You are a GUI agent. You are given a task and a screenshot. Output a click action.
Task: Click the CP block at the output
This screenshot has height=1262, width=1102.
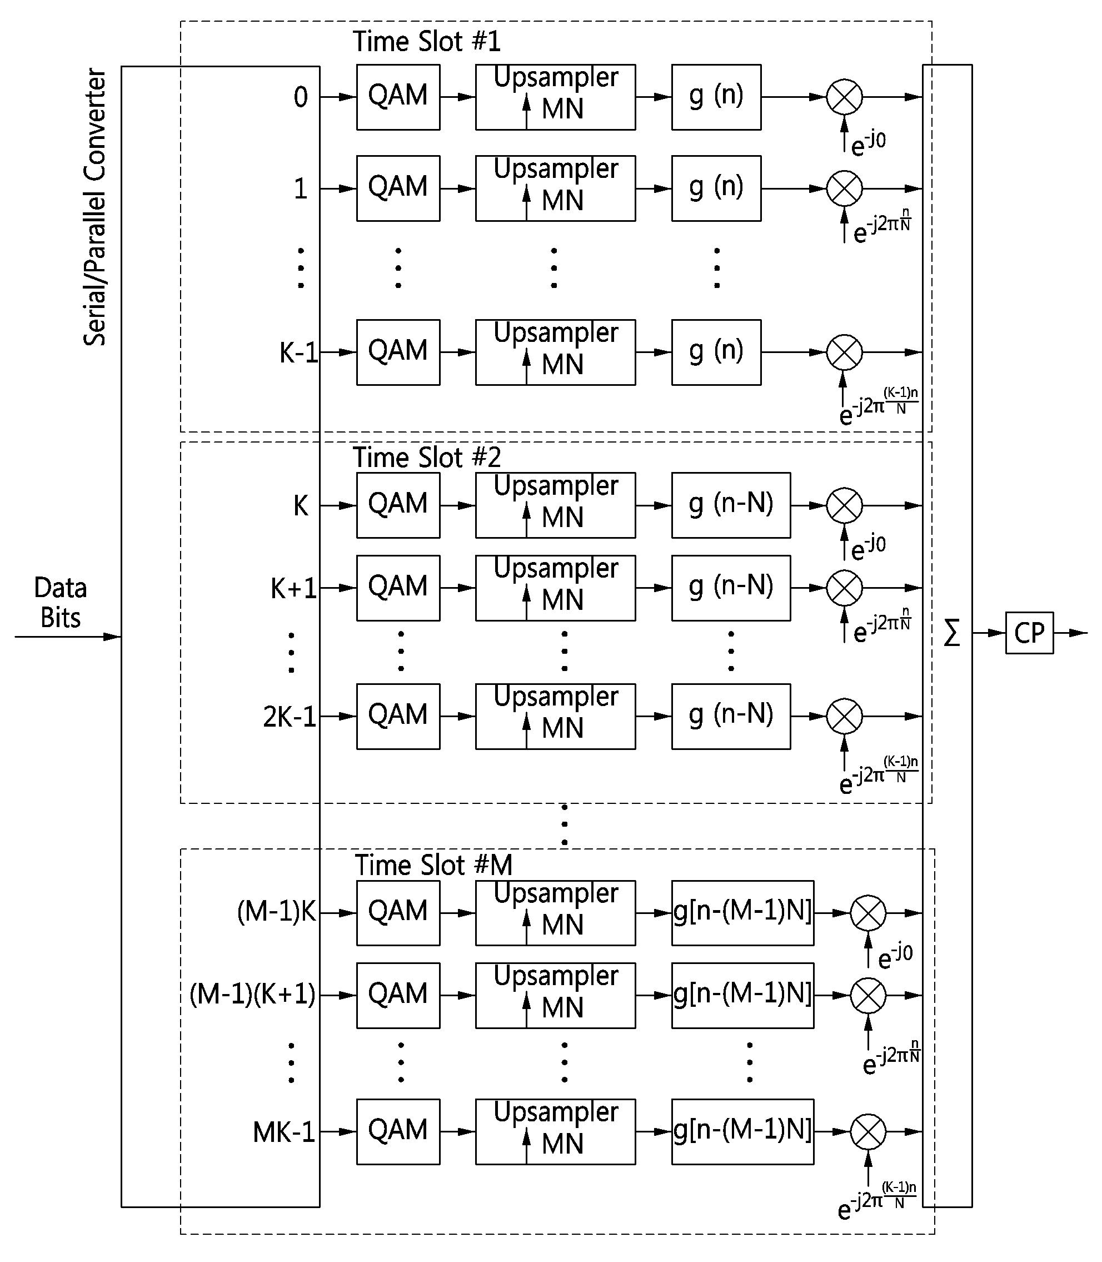1029,633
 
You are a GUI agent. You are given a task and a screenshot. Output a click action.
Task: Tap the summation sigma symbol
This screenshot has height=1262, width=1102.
951,633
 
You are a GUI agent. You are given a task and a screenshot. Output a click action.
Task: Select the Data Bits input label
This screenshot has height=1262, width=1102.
60,603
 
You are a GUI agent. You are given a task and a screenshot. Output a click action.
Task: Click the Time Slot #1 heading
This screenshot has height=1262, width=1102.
427,42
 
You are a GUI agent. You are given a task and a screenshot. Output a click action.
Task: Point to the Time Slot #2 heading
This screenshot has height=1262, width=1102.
427,457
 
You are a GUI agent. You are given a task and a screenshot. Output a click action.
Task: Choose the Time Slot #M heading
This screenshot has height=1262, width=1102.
433,865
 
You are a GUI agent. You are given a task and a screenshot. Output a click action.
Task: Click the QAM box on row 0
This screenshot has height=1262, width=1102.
398,97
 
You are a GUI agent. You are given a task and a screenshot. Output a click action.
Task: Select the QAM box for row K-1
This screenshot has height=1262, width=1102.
398,352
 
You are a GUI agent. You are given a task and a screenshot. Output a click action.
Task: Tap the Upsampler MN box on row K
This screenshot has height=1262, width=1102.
555,505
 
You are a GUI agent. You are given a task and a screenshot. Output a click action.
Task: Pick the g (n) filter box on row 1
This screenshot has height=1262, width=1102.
716,188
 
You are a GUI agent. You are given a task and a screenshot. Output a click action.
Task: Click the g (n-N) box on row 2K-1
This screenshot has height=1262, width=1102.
731,716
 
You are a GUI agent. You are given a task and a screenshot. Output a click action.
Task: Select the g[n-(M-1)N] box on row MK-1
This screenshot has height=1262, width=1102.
743,1131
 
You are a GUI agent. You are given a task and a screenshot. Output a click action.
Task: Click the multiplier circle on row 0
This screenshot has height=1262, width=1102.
844,97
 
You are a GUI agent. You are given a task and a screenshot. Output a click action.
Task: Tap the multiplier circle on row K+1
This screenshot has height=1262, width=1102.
844,588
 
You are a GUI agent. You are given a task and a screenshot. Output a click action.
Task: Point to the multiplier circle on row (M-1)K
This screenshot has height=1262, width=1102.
868,913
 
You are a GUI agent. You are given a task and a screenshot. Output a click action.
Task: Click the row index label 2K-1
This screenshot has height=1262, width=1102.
290,717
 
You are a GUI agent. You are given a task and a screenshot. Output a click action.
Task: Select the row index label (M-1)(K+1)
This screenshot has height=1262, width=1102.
253,995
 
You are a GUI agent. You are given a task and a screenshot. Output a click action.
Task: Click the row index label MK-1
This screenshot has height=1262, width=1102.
284,1132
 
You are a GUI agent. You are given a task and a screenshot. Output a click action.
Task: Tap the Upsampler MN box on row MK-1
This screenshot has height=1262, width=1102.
555,1131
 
